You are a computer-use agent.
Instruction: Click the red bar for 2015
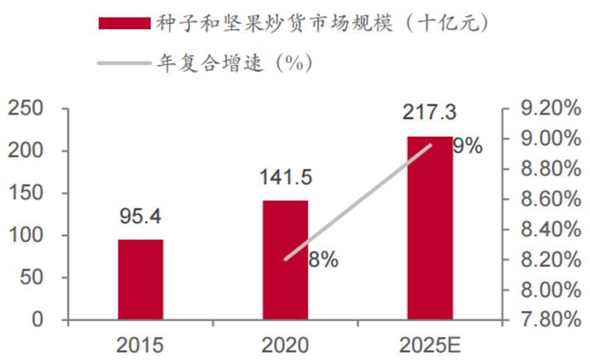click(140, 280)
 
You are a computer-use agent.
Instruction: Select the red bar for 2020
click(285, 261)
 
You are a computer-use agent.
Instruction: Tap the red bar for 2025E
click(429, 229)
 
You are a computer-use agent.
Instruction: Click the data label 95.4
click(140, 218)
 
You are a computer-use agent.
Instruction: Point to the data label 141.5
click(285, 177)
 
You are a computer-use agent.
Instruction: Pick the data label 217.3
click(429, 113)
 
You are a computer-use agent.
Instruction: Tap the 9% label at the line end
click(467, 146)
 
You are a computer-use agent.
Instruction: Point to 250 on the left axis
click(26, 108)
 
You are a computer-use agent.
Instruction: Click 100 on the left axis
click(26, 236)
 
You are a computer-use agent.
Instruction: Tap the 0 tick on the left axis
click(37, 320)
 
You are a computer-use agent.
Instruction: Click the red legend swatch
click(124, 24)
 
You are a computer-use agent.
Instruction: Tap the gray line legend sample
click(124, 63)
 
